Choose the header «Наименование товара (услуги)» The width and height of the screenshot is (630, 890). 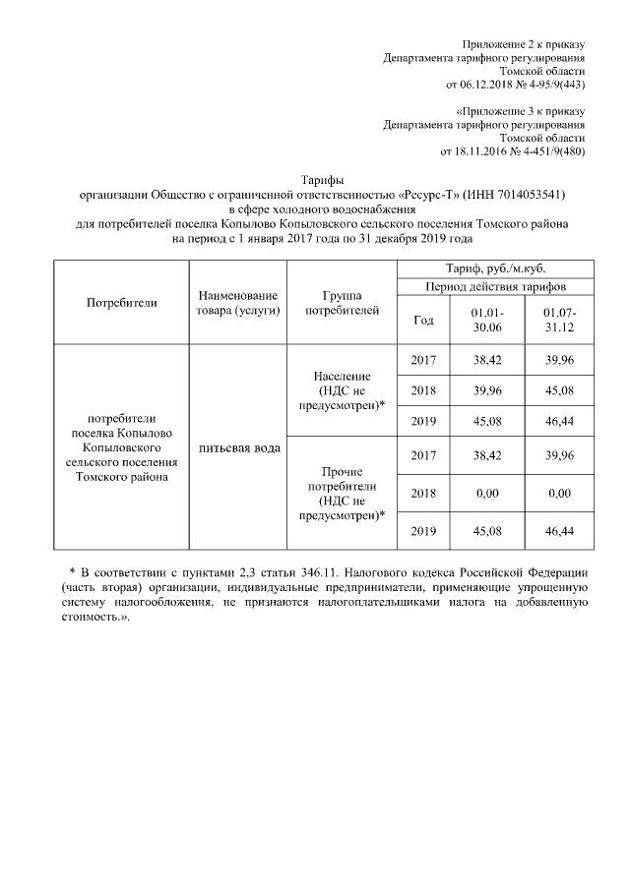[x=237, y=302]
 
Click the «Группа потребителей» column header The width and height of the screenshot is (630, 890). [x=342, y=302]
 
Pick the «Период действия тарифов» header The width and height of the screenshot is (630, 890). [x=495, y=286]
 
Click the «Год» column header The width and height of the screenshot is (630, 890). [x=424, y=320]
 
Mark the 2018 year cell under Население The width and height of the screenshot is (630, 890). [x=424, y=390]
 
